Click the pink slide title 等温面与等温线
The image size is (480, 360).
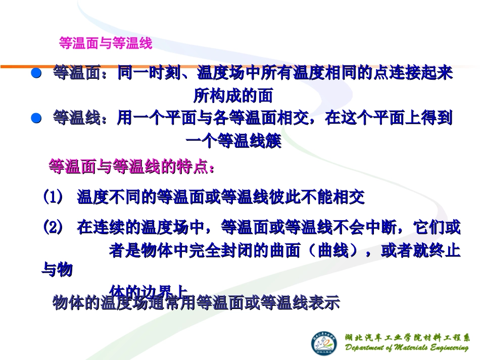105,43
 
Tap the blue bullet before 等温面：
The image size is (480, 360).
36,74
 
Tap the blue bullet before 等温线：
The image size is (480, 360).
36,118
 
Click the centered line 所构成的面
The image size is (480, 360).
233,96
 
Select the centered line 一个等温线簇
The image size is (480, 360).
233,142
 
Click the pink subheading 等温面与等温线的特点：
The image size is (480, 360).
131,167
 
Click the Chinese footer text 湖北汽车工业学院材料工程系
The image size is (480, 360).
407,337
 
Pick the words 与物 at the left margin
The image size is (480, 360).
57,270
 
